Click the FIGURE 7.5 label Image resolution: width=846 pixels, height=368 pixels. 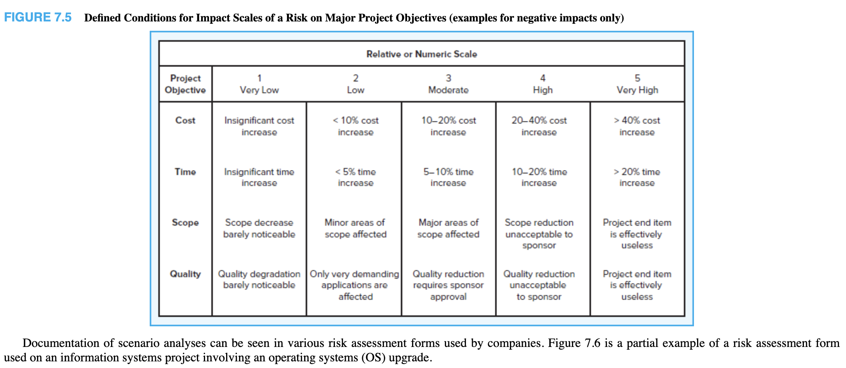pyautogui.click(x=38, y=18)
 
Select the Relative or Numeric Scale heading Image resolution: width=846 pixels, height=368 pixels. pyautogui.click(x=421, y=54)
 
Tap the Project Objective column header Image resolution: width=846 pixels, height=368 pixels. pyautogui.click(x=185, y=84)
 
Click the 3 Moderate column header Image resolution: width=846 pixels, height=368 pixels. pyautogui.click(x=448, y=84)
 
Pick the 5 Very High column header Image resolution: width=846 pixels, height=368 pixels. pyautogui.click(x=637, y=84)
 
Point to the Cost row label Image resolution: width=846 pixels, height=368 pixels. pyautogui.click(x=185, y=120)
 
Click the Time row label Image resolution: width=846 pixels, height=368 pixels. pyautogui.click(x=185, y=172)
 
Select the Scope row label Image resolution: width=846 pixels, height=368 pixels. pyautogui.click(x=185, y=223)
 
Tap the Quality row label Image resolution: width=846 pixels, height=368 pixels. pyautogui.click(x=185, y=274)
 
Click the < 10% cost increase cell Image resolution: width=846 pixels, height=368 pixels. pyautogui.click(x=356, y=126)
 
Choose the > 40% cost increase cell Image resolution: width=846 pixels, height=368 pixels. pyautogui.click(x=637, y=126)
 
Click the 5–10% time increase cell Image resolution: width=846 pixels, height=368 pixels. pyautogui.click(x=448, y=177)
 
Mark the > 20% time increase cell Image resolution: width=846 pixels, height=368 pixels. pyautogui.click(x=637, y=177)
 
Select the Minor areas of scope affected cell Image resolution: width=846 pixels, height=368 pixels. pyautogui.click(x=355, y=228)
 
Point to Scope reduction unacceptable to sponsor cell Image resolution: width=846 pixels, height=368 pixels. pyautogui.click(x=539, y=234)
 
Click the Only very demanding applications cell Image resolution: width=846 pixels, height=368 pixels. pyautogui.click(x=354, y=285)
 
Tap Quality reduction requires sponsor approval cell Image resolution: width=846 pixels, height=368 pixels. pyautogui.click(x=448, y=285)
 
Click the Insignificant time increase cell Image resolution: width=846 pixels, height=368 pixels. pyautogui.click(x=259, y=177)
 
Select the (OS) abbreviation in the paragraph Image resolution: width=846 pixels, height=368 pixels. pyautogui.click(x=373, y=357)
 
